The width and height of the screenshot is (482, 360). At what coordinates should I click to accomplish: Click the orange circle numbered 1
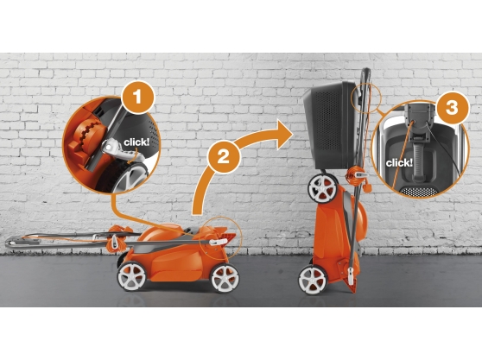click(137, 98)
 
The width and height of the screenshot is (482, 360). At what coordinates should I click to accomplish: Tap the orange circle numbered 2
click(224, 157)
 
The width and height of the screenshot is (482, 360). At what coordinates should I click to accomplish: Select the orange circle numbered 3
click(452, 108)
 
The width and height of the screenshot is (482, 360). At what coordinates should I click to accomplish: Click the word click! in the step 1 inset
click(136, 142)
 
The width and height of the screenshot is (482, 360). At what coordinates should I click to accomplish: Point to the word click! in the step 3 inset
click(399, 163)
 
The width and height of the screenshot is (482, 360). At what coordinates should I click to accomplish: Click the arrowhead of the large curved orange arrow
click(285, 135)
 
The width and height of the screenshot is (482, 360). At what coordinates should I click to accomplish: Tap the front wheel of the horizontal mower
click(225, 278)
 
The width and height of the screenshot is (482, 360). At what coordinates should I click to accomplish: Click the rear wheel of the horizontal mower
click(131, 276)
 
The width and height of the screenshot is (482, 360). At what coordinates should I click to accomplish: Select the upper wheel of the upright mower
click(323, 188)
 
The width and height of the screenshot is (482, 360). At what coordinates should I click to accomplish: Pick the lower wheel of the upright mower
click(313, 280)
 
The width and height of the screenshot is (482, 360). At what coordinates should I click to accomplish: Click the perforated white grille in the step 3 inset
click(419, 192)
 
